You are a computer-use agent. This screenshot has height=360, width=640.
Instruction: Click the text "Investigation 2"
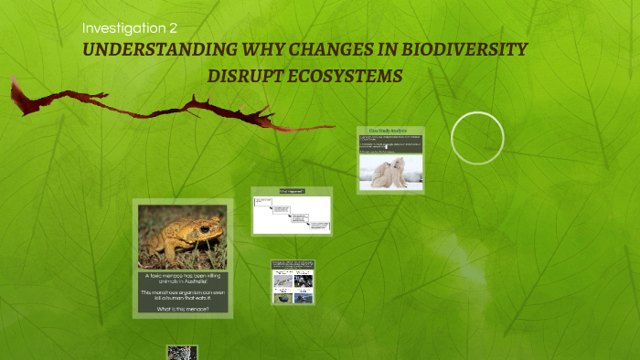pyautogui.click(x=129, y=27)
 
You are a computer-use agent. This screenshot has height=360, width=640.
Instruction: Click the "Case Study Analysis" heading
pyautogui.click(x=390, y=131)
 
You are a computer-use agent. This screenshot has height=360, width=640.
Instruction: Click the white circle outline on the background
pyautogui.click(x=477, y=138)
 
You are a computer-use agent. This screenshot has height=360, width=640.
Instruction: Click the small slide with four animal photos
pyautogui.click(x=293, y=282)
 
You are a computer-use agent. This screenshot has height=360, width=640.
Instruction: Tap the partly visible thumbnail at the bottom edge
pyautogui.click(x=182, y=352)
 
